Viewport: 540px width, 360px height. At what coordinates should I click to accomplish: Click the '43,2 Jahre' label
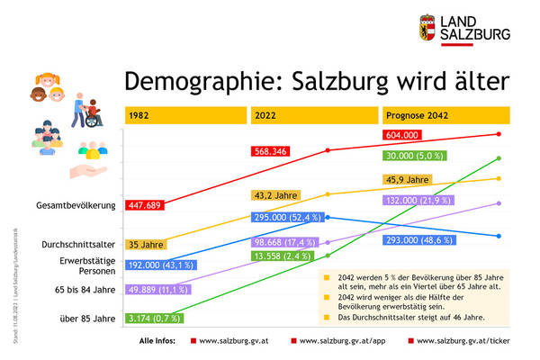click(276, 195)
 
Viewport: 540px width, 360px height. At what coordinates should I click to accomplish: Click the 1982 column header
click(139, 116)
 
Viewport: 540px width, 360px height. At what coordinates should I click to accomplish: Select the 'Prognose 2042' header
click(417, 116)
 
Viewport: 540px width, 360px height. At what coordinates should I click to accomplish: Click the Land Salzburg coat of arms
click(430, 28)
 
